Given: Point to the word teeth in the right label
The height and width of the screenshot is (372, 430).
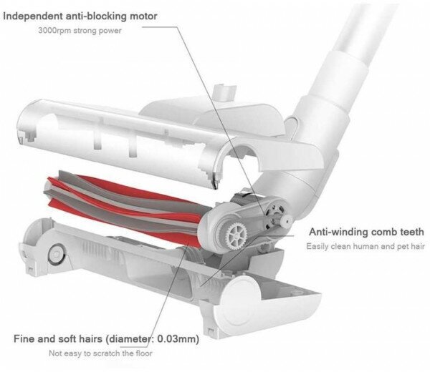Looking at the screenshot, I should point(410,232).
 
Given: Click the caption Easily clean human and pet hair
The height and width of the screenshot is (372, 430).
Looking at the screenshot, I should point(365,246).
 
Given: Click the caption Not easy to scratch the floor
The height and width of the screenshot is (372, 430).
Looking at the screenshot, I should point(100,353).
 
